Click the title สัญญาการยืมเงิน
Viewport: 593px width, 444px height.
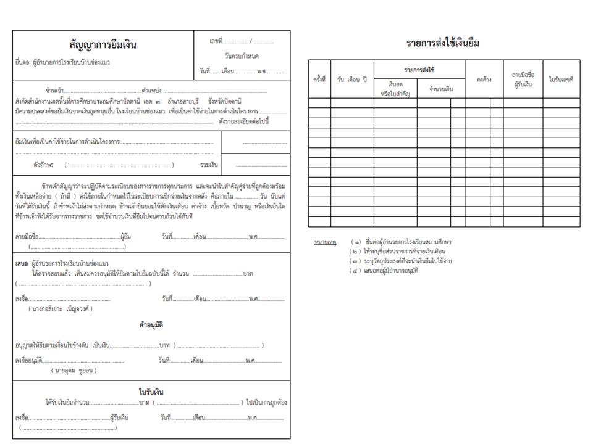103,45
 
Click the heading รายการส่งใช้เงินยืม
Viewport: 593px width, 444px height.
443,43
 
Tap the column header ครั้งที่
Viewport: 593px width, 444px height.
319,80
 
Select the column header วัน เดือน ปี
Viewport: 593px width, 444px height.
352,80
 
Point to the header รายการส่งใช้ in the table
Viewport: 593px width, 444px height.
419,70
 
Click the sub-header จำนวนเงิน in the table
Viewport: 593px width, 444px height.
441,89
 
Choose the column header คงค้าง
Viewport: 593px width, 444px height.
484,80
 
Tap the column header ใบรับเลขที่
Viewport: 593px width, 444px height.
561,80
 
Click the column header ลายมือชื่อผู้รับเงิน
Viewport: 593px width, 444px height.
523,79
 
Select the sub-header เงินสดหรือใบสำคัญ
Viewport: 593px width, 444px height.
396,88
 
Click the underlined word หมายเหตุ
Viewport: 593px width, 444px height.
324,242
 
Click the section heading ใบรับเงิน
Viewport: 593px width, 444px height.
151,392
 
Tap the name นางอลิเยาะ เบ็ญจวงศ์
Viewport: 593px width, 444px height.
60,308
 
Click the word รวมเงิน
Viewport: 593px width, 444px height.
209,165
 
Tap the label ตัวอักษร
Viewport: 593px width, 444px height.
44,165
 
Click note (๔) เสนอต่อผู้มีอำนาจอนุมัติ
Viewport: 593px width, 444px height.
384,271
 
